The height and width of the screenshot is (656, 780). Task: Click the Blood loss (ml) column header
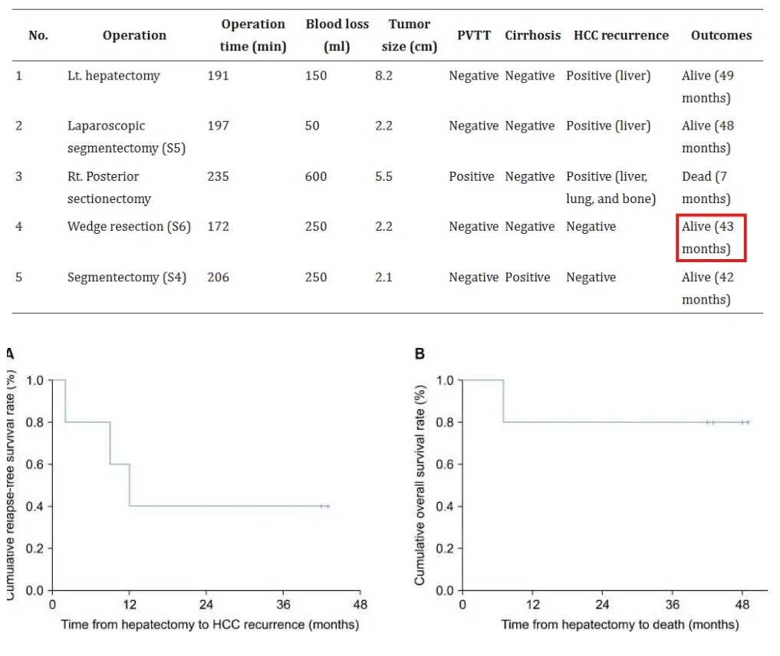[x=337, y=35]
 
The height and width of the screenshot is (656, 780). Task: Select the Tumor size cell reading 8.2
[x=383, y=76]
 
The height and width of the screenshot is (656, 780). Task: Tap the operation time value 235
[x=218, y=176]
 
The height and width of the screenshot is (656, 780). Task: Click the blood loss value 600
[x=316, y=176]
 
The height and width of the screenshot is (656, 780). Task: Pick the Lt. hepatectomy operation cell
[x=114, y=76]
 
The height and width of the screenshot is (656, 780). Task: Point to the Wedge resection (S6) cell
[x=129, y=227]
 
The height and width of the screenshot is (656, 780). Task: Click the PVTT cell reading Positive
[x=472, y=176]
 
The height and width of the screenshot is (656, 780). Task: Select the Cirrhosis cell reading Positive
[x=528, y=277]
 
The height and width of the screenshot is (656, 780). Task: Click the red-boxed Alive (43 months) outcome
[x=710, y=238]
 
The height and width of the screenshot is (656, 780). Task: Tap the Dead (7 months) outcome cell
[x=706, y=187]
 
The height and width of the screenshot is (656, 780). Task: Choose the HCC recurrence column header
[x=620, y=35]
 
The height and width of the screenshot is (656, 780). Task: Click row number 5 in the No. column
[x=19, y=277]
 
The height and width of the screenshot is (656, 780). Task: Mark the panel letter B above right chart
[x=420, y=354]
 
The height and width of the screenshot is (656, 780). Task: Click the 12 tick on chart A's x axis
[x=130, y=604]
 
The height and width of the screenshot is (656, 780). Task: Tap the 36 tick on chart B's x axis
[x=673, y=604]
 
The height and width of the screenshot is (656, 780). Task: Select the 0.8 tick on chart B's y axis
[x=446, y=422]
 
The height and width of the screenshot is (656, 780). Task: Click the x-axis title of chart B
[x=620, y=625]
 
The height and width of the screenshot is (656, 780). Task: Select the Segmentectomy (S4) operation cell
[x=127, y=277]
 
